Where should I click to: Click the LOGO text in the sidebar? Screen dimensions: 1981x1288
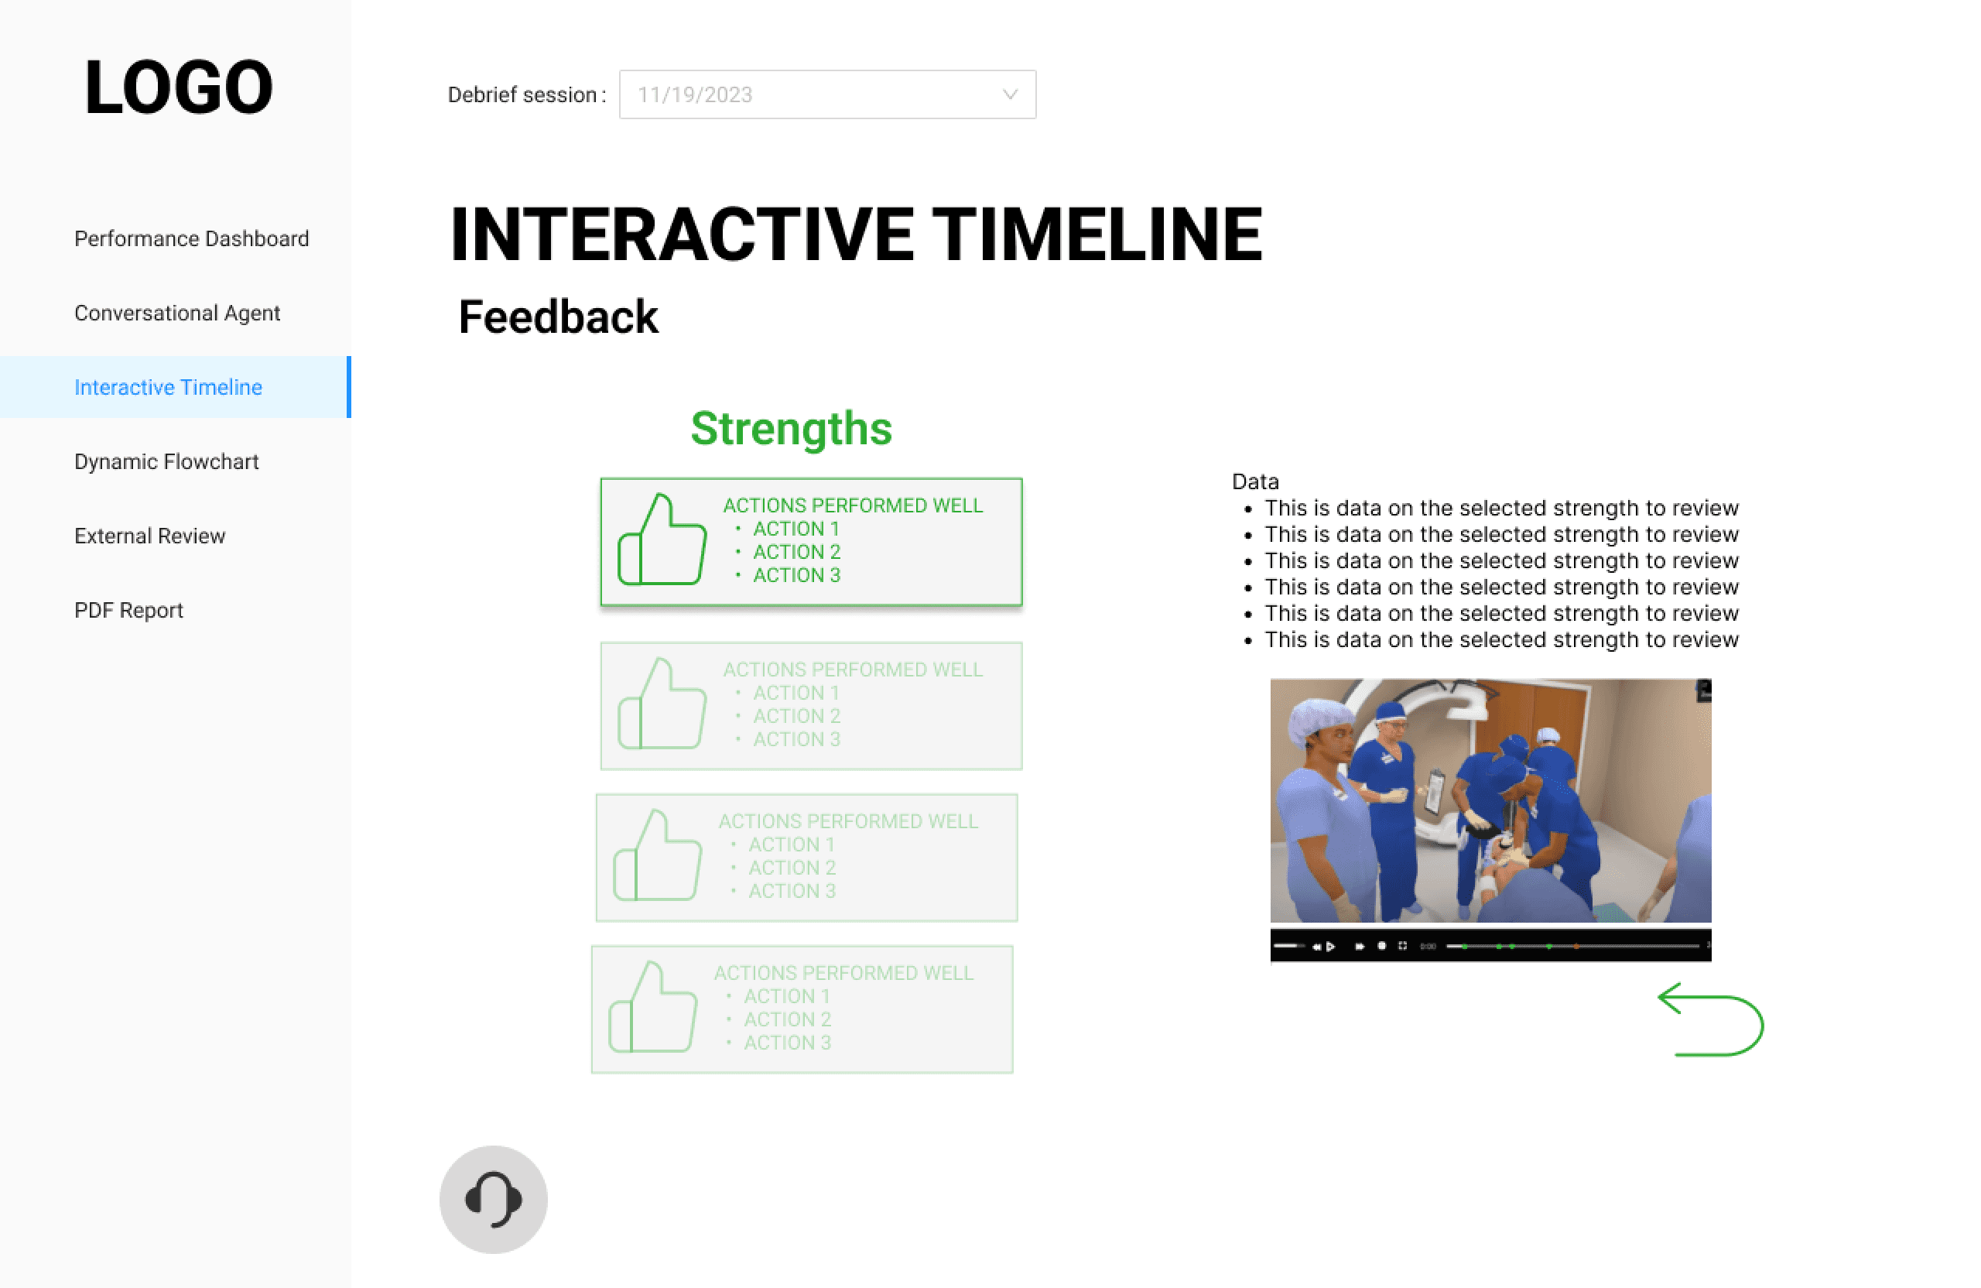coord(178,87)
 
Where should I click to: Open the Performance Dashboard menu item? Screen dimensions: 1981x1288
coord(191,239)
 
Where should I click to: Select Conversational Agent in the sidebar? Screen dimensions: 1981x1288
coord(177,313)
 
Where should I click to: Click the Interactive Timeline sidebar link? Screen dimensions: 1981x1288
coord(168,387)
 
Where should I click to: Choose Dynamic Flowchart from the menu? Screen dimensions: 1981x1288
coord(166,461)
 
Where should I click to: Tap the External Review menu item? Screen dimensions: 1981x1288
coord(150,536)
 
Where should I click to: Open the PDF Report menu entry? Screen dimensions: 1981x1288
coord(129,610)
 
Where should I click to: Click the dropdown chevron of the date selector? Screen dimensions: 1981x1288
coord(1010,95)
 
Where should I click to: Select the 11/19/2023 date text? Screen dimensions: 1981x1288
coord(695,95)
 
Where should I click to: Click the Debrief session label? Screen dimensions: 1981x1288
coord(527,95)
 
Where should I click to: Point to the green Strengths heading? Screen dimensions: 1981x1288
coord(792,429)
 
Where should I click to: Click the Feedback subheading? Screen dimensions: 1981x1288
coord(559,317)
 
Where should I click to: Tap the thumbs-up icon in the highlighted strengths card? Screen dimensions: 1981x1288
coord(662,540)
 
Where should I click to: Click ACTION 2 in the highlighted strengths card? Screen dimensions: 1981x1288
coord(796,552)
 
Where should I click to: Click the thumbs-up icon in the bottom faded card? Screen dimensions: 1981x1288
coord(652,1008)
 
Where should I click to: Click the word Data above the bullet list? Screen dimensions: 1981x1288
coord(1255,481)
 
